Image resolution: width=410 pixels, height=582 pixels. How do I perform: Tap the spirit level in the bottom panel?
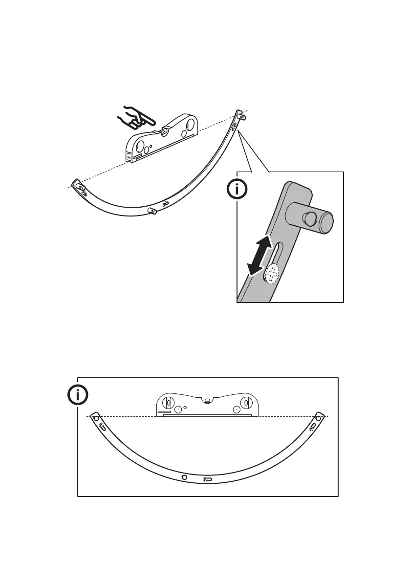click(x=206, y=405)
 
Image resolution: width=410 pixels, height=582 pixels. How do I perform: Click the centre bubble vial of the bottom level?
click(x=206, y=399)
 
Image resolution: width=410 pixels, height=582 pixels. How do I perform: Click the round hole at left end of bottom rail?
click(x=96, y=419)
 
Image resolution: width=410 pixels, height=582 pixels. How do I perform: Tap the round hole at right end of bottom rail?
click(x=318, y=418)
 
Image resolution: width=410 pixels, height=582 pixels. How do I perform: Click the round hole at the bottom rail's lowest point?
click(x=184, y=476)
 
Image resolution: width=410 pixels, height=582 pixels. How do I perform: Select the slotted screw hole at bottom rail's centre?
click(x=207, y=480)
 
